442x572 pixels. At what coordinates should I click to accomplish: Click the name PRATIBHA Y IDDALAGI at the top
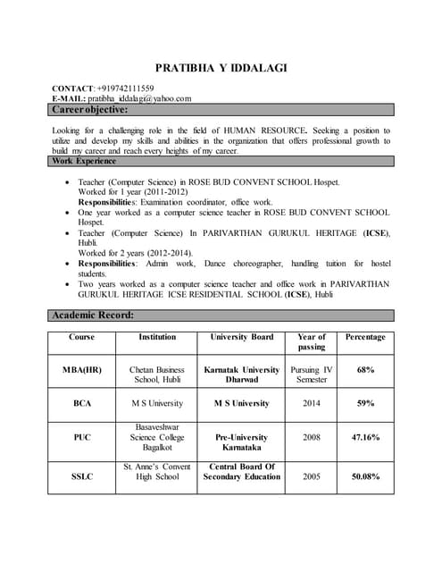221,68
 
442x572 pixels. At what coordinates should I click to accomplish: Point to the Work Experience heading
84,161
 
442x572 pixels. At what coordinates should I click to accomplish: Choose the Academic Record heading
94,315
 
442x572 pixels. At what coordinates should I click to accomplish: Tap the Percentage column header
365,337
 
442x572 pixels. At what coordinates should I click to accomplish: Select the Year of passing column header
312,341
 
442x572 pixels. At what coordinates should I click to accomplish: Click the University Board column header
241,337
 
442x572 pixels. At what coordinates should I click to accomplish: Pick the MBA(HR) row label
82,369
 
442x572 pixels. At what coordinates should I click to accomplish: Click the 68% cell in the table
365,369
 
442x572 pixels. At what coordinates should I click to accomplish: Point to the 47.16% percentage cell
365,437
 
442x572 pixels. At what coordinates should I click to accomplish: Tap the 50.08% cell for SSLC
365,476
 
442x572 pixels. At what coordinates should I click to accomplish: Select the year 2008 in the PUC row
312,437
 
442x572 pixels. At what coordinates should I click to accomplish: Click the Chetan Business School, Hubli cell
157,374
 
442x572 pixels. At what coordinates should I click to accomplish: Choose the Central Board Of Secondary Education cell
241,471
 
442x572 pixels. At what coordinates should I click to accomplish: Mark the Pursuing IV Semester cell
312,374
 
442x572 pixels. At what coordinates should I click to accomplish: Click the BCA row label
82,403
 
